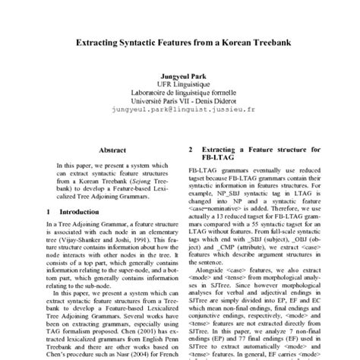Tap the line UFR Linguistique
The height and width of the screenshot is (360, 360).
[x=179, y=86]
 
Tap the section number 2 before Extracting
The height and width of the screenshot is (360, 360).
[x=191, y=150]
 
